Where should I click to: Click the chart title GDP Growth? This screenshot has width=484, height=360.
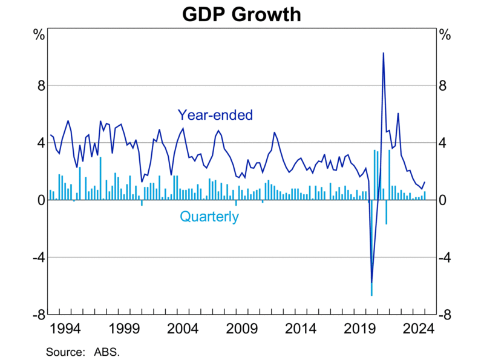click(242, 13)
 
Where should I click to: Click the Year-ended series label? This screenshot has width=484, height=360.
click(215, 115)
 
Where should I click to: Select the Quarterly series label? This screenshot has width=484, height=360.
click(209, 217)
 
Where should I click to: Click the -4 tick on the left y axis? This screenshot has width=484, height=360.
click(38, 258)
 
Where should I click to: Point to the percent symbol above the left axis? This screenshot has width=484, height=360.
click(39, 34)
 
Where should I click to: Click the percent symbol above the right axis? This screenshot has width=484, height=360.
click(445, 34)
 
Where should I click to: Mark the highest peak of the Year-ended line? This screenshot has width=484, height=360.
click(383, 53)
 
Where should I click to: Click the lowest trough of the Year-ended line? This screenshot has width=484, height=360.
click(371, 282)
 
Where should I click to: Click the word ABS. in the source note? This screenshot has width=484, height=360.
click(106, 350)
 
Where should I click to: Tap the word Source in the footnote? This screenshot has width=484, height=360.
click(63, 350)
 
